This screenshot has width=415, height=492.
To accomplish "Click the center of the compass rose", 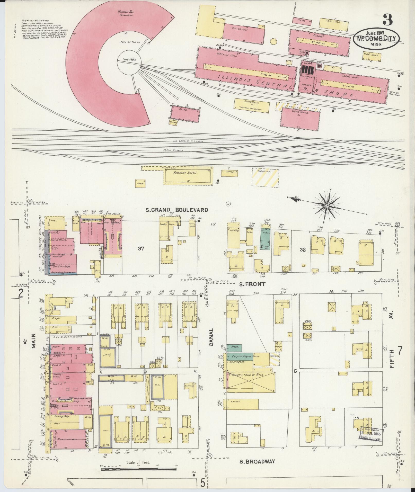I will point(327,206).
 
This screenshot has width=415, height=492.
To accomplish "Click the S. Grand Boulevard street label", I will point(177,210).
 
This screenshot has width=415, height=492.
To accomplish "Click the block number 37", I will point(140,248).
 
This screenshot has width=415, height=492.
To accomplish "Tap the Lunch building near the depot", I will point(140,183).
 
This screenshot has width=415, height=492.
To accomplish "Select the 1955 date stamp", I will point(372,434).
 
